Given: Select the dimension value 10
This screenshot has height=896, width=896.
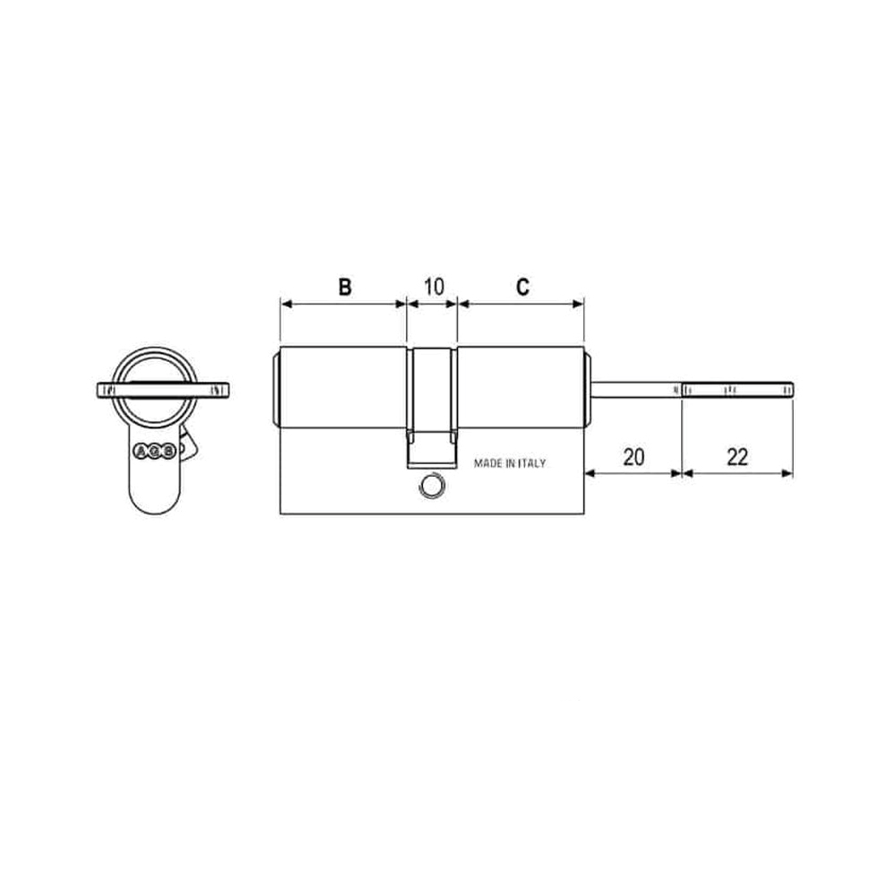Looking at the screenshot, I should [433, 287].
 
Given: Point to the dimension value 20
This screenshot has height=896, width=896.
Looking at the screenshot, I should [633, 456].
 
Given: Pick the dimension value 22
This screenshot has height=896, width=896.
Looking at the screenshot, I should [737, 456].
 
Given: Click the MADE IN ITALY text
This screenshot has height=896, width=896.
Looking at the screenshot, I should [510, 463].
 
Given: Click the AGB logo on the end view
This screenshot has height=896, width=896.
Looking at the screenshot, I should [153, 452].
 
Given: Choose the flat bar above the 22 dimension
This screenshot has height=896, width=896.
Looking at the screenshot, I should [737, 390].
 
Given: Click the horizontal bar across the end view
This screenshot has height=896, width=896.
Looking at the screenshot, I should [163, 390].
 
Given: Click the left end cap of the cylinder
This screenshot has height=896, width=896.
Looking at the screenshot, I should [276, 390].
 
